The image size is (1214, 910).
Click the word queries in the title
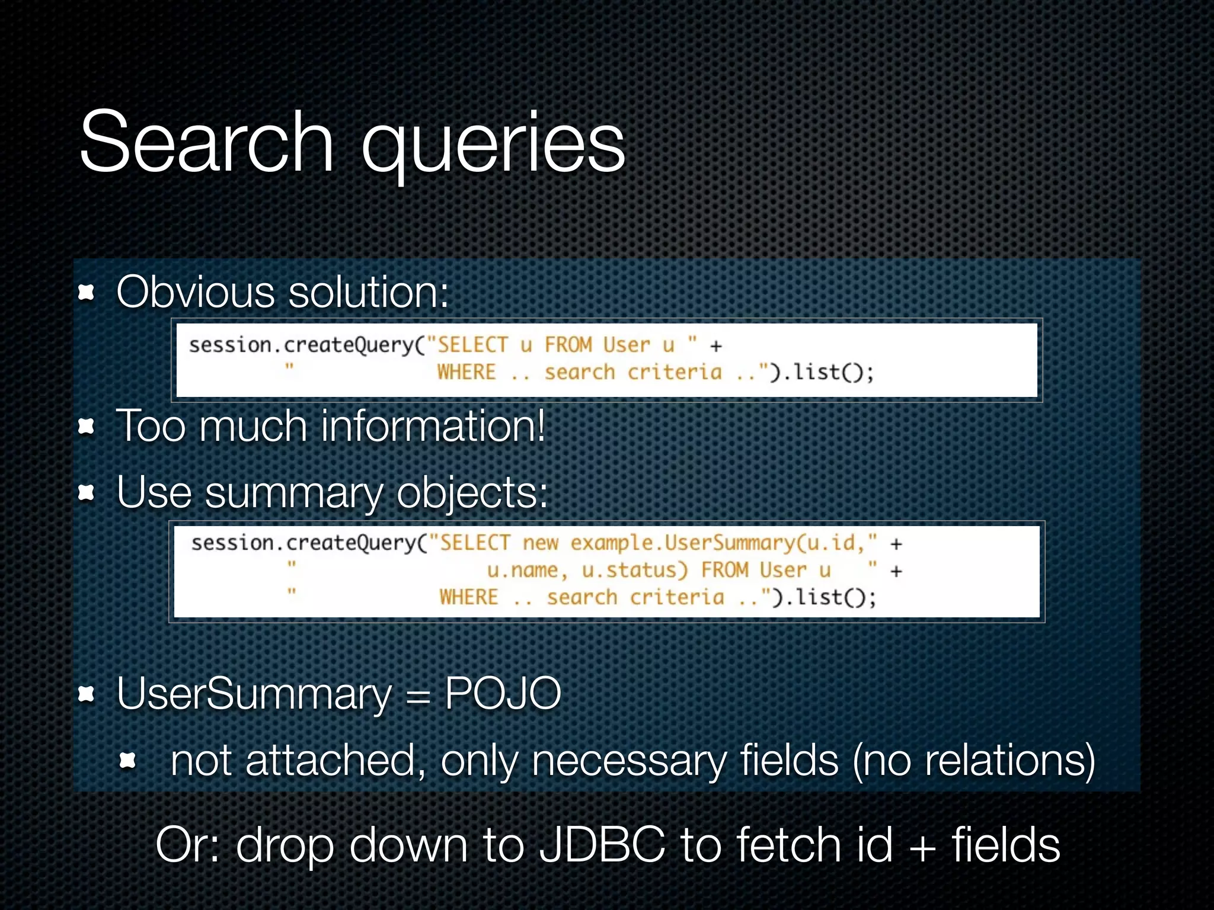(x=493, y=145)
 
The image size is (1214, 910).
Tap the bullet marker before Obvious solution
(x=87, y=292)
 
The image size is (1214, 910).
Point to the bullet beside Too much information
(x=87, y=426)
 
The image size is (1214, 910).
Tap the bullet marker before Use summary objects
(x=87, y=492)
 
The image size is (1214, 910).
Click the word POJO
(x=503, y=693)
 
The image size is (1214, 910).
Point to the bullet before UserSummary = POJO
(x=87, y=694)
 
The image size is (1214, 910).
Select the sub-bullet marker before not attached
(x=128, y=761)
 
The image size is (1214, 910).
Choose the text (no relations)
(x=973, y=761)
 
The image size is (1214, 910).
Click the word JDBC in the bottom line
(x=602, y=845)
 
